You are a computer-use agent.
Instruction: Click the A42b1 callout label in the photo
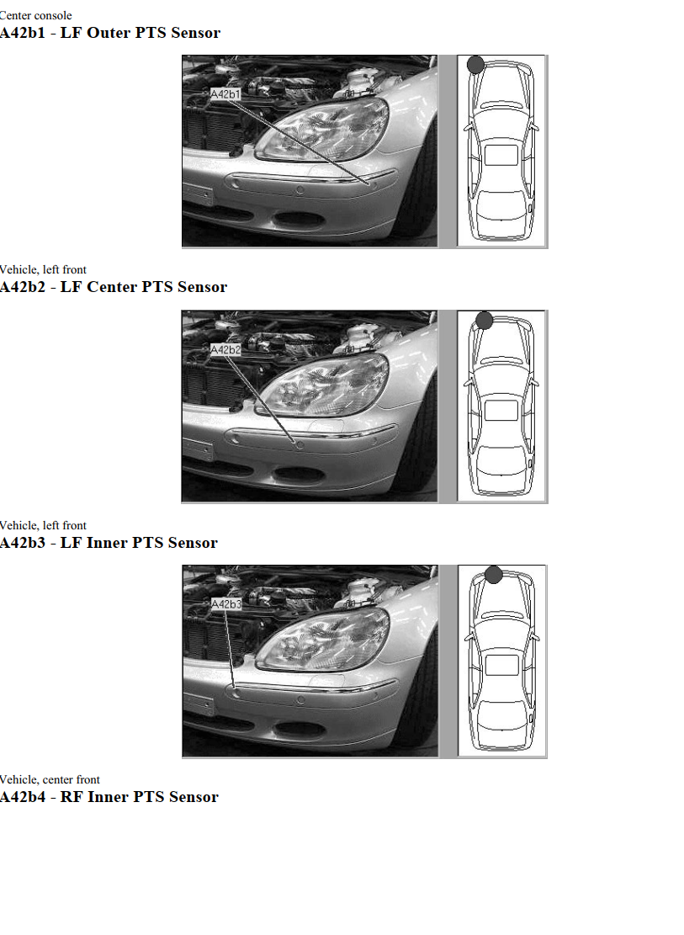click(225, 94)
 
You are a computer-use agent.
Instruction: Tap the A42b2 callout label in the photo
click(225, 349)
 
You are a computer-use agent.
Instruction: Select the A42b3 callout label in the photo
click(225, 604)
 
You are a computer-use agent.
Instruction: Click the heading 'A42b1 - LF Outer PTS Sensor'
click(110, 33)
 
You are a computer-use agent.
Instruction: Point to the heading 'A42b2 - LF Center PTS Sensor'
click(114, 287)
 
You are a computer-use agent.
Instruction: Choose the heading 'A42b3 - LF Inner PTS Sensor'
click(109, 543)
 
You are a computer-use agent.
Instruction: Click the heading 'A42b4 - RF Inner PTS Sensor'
click(109, 797)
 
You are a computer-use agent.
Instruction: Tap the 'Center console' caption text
click(36, 15)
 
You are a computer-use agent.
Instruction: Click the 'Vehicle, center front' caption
click(50, 779)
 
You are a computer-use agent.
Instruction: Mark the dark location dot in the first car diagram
click(475, 65)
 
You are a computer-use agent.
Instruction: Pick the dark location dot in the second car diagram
click(484, 320)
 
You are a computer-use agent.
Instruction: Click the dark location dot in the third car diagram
click(494, 575)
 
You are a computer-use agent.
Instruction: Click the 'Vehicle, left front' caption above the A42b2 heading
click(43, 269)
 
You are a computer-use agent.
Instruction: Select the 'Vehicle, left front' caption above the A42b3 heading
click(43, 525)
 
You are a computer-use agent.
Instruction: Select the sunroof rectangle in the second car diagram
click(501, 410)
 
